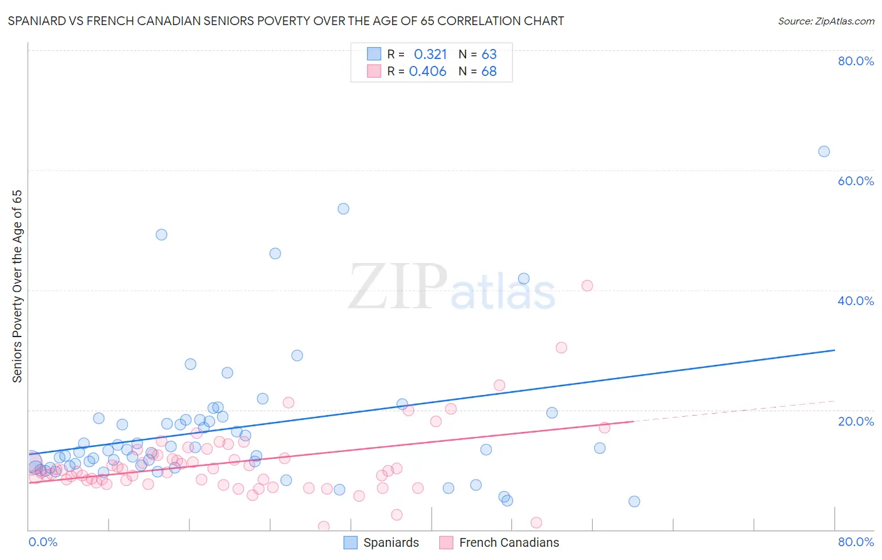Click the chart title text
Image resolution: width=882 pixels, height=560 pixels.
(286, 21)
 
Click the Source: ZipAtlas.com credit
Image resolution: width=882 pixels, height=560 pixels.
(826, 21)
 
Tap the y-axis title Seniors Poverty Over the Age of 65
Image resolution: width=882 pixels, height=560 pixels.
(17, 286)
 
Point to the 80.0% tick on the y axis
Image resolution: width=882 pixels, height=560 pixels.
(856, 61)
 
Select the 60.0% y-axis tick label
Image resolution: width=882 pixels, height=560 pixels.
(856, 181)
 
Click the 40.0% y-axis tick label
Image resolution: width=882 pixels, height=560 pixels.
(856, 301)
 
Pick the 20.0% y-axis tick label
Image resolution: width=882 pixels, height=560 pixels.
(856, 421)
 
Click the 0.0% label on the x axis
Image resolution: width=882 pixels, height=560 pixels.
(43, 542)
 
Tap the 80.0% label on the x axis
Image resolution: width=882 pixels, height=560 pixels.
(856, 542)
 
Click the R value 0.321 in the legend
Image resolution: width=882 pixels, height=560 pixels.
(430, 55)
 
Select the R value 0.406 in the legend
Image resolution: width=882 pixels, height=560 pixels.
(427, 72)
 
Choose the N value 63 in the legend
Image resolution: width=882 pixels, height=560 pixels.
(489, 55)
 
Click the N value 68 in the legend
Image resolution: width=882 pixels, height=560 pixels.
(489, 72)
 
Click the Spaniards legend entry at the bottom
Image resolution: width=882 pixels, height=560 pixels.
(382, 542)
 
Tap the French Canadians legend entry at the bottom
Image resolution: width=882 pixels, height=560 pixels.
(499, 542)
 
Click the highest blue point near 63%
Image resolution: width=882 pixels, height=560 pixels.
(824, 151)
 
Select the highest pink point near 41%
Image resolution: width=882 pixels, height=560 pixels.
(587, 286)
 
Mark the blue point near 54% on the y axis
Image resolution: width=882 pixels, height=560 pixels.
(343, 208)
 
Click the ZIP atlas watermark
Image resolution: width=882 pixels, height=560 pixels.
(452, 288)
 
